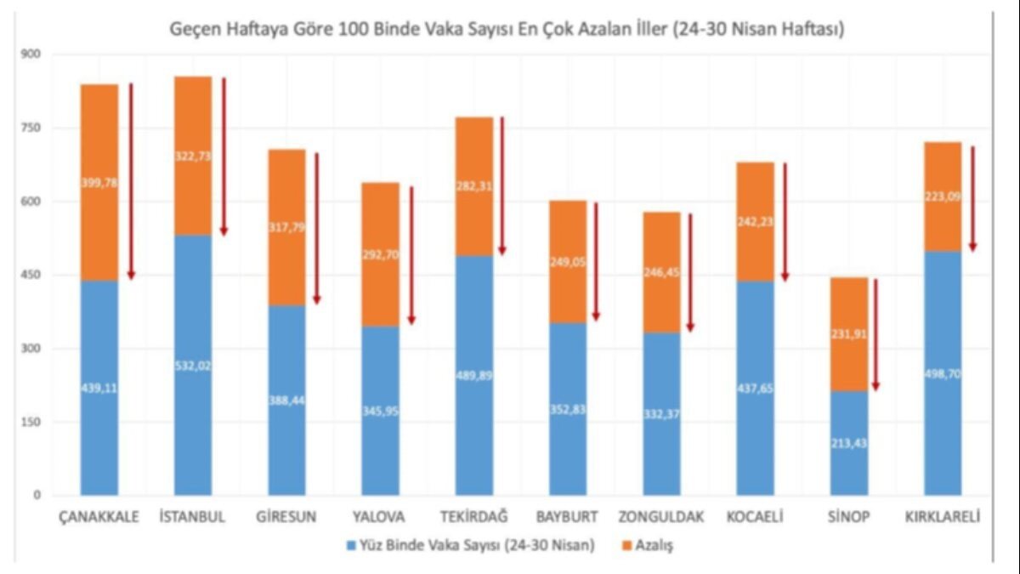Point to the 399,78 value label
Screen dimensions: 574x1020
[99, 182]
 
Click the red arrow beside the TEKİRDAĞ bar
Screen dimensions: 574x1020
[502, 185]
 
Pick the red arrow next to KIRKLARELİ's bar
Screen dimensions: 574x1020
[972, 198]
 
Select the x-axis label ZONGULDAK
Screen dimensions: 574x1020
[661, 517]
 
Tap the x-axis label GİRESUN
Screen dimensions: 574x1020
[286, 517]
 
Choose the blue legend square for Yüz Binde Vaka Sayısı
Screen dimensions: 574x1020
[351, 545]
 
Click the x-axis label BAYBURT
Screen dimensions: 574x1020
[567, 517]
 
